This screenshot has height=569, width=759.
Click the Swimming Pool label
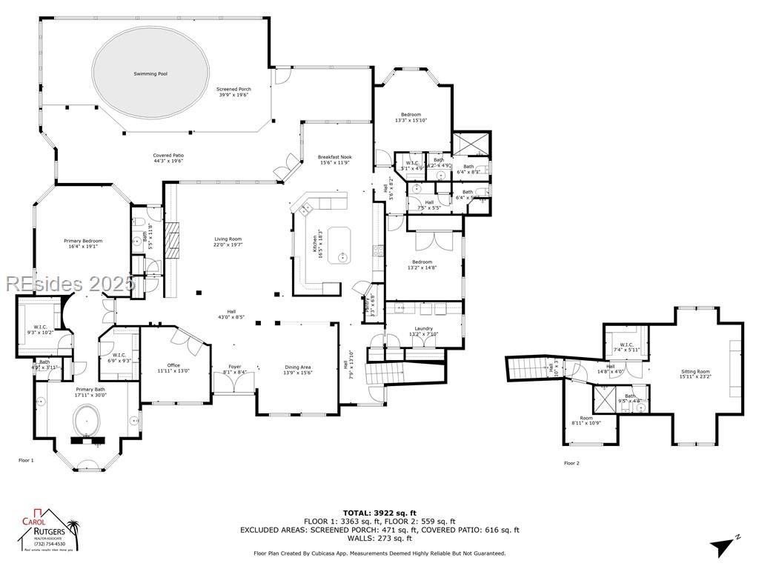click(150, 74)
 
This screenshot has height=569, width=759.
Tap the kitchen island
click(342, 246)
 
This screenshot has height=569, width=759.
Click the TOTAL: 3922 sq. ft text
click(379, 513)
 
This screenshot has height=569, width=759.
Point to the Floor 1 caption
click(26, 460)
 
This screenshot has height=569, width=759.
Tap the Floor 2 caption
click(571, 463)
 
